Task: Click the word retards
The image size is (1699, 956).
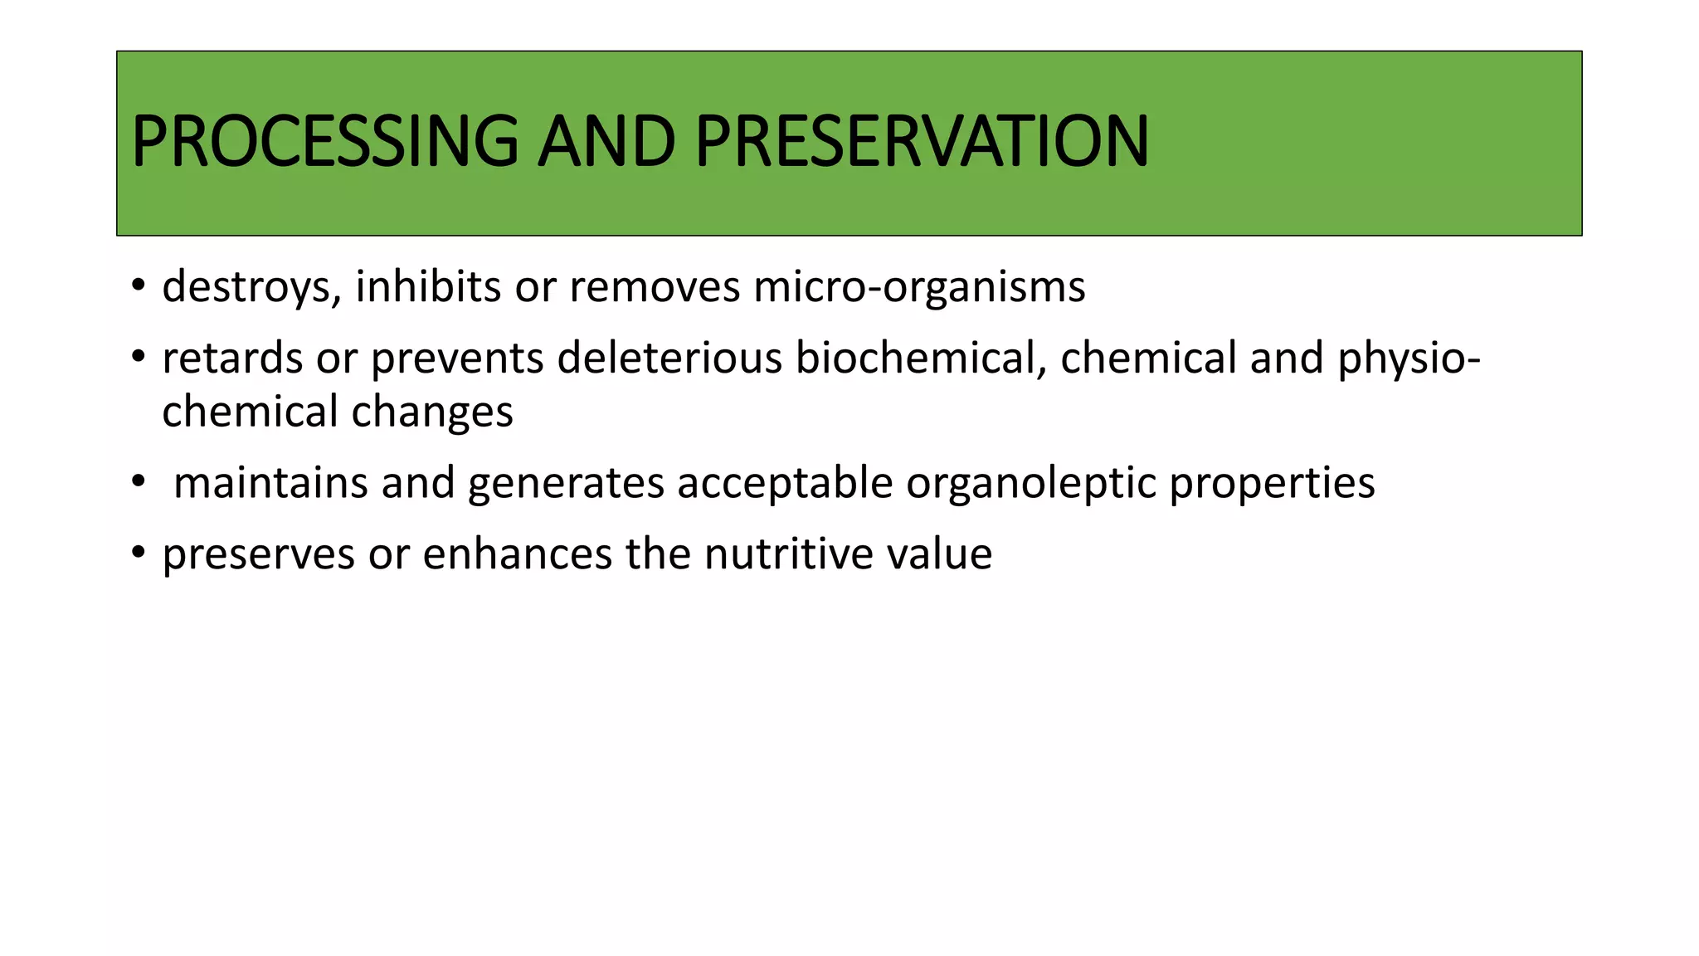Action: tap(232, 358)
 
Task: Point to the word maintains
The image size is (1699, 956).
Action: tap(270, 483)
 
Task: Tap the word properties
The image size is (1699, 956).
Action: tap(1272, 483)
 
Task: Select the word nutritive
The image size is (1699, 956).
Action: tap(788, 554)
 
